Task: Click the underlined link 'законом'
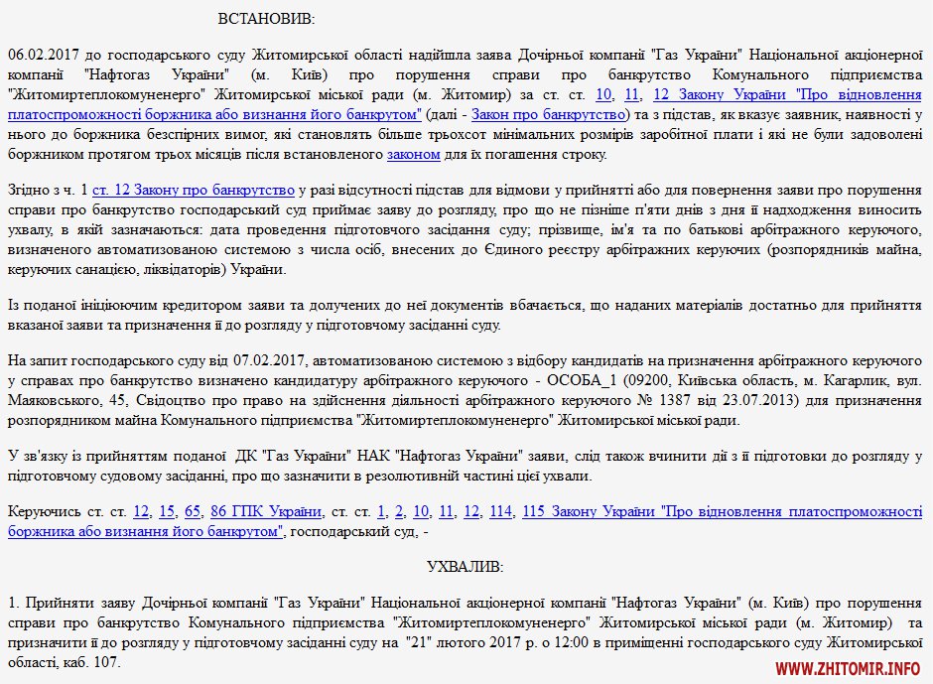coord(413,154)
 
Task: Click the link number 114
coord(500,511)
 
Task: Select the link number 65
coord(193,511)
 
